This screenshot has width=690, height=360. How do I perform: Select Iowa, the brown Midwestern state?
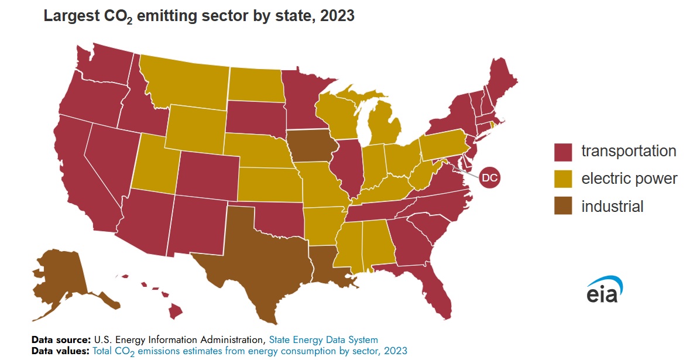click(311, 149)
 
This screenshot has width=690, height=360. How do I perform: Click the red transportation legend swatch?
click(563, 152)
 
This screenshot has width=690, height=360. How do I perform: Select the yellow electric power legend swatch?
click(563, 179)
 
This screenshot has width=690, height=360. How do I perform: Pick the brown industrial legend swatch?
click(563, 206)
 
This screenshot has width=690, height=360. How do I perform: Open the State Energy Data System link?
click(323, 340)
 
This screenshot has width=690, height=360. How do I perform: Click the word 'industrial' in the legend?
click(612, 206)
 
